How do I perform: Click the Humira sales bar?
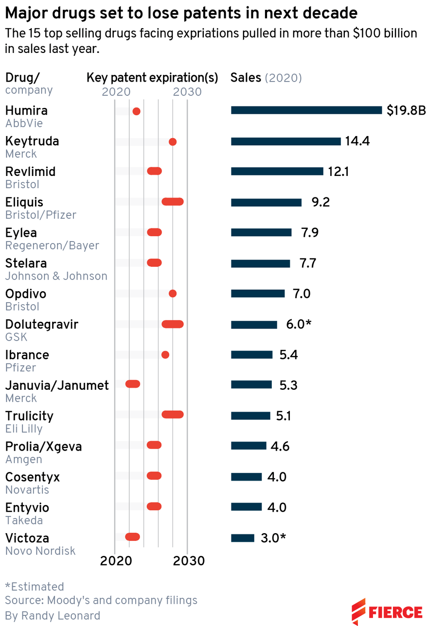coord(306,110)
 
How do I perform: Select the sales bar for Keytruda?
coord(285,141)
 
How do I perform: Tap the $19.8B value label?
coord(406,111)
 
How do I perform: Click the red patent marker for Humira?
coord(137,111)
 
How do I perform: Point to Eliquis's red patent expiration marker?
coord(173,202)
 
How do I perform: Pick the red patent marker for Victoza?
coord(132,537)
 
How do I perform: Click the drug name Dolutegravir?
coord(42,324)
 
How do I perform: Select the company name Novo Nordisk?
coord(40,551)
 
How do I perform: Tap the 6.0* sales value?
coord(298,324)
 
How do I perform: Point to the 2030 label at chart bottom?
coord(189,560)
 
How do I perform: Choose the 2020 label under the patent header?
coord(116,92)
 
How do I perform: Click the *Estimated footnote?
coord(35,587)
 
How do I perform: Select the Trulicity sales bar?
coord(250,416)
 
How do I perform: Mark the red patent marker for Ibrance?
coord(165,355)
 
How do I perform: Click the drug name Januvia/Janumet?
coord(57,385)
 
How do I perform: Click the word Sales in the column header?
coord(246,78)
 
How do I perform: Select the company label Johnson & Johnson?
coord(56,276)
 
